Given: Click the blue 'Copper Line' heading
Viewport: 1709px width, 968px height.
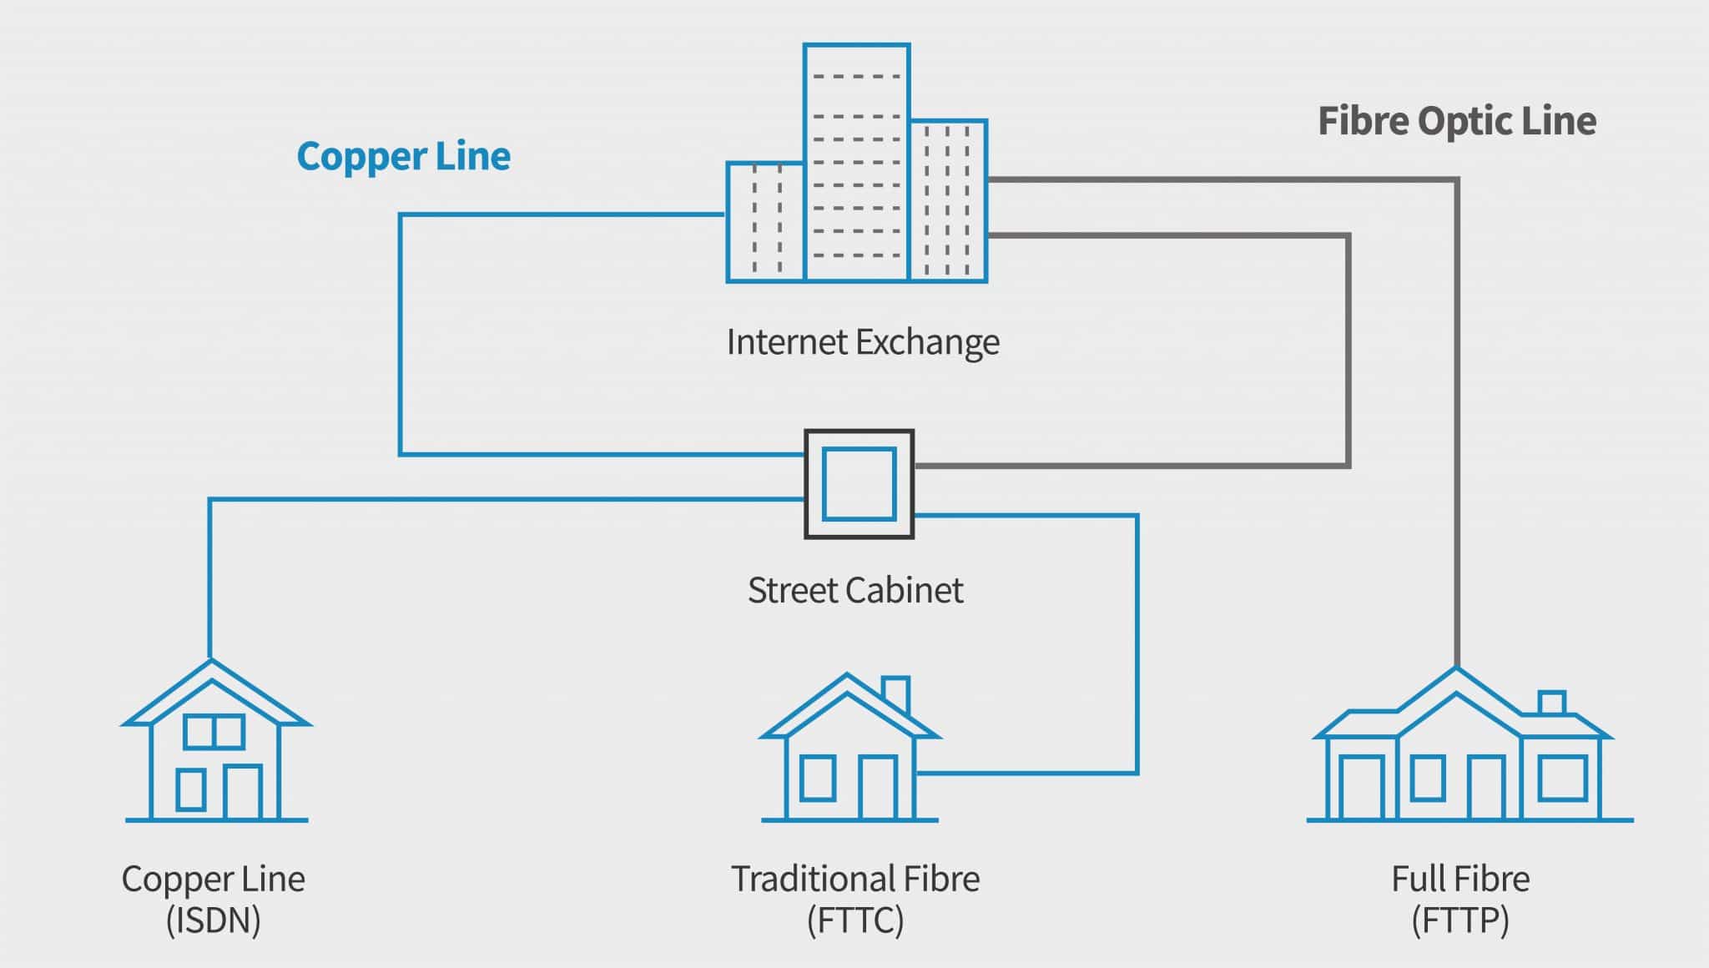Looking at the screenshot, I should click(x=403, y=157).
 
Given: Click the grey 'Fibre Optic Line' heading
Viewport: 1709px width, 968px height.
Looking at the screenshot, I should click(x=1456, y=121).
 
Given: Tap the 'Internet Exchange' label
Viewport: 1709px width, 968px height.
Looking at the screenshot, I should click(x=862, y=342).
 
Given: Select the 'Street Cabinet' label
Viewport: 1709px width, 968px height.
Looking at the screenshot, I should click(x=854, y=591).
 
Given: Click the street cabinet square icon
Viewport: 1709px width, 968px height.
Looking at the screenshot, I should click(x=859, y=484).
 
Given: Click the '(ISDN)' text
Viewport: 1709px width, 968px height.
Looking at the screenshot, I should click(x=213, y=921).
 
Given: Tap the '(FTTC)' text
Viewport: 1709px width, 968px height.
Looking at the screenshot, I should click(x=854, y=921).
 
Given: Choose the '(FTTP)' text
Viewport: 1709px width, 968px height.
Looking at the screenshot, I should click(x=1459, y=921).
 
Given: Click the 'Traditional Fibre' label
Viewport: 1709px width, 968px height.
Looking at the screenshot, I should click(x=854, y=879).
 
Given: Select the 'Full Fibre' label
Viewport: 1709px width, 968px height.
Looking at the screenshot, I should click(x=1459, y=879).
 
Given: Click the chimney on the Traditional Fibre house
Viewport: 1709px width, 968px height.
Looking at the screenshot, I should click(x=895, y=693).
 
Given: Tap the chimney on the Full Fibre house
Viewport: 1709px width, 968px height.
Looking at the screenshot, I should click(x=1551, y=703).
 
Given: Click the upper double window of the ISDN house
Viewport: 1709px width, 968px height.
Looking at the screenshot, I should click(x=214, y=732).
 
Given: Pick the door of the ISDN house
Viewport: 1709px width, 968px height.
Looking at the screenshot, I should click(x=243, y=792).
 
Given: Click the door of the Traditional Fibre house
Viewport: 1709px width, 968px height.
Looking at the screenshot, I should click(x=878, y=787).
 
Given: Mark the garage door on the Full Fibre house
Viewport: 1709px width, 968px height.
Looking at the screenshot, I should click(x=1361, y=787).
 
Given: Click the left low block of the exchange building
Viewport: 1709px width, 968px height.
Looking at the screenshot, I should click(x=765, y=222).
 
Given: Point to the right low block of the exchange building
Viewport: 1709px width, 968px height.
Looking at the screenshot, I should click(x=948, y=200).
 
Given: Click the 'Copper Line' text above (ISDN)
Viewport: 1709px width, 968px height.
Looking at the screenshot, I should click(x=213, y=879).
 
